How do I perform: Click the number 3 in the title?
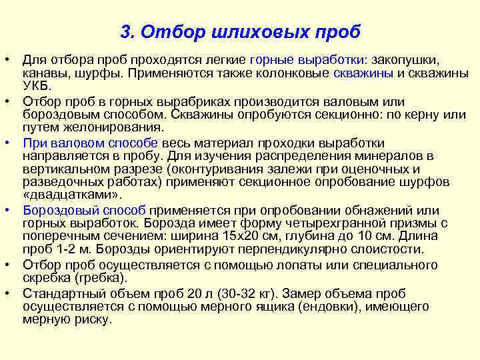click(126, 31)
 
